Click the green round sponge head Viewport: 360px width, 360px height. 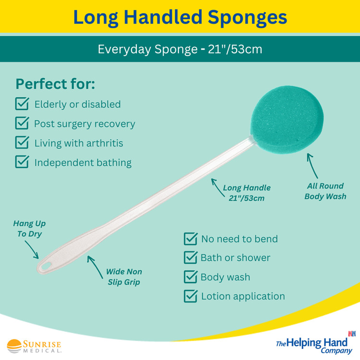pyautogui.click(x=287, y=120)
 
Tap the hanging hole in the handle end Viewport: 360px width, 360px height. pyautogui.click(x=46, y=266)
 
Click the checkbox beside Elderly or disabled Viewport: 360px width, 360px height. pyautogui.click(x=22, y=104)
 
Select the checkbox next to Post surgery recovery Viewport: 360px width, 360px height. pyautogui.click(x=22, y=123)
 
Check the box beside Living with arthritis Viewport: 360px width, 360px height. pyautogui.click(x=22, y=143)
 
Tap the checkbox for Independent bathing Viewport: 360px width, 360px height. pyautogui.click(x=22, y=162)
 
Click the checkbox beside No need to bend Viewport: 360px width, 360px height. pyautogui.click(x=191, y=239)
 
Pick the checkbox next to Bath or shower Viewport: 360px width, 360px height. pyautogui.click(x=191, y=258)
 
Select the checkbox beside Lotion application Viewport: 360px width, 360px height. pyautogui.click(x=191, y=296)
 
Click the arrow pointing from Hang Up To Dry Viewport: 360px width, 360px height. pyautogui.click(x=32, y=250)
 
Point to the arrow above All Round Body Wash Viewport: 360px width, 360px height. pyautogui.click(x=312, y=166)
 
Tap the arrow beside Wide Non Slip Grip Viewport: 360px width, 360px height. pyautogui.click(x=95, y=267)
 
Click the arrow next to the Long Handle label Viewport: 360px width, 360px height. pyautogui.click(x=217, y=188)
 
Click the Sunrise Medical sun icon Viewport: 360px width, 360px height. pyautogui.click(x=14, y=346)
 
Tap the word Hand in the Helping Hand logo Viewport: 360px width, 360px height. pyautogui.click(x=335, y=343)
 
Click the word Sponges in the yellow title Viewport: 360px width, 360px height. pyautogui.click(x=247, y=17)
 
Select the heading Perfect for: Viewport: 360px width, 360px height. pyautogui.click(x=55, y=84)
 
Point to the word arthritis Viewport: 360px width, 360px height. pyautogui.click(x=105, y=143)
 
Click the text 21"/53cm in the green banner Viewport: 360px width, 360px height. pyautogui.click(x=235, y=49)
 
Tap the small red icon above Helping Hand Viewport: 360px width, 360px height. pyautogui.click(x=352, y=334)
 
